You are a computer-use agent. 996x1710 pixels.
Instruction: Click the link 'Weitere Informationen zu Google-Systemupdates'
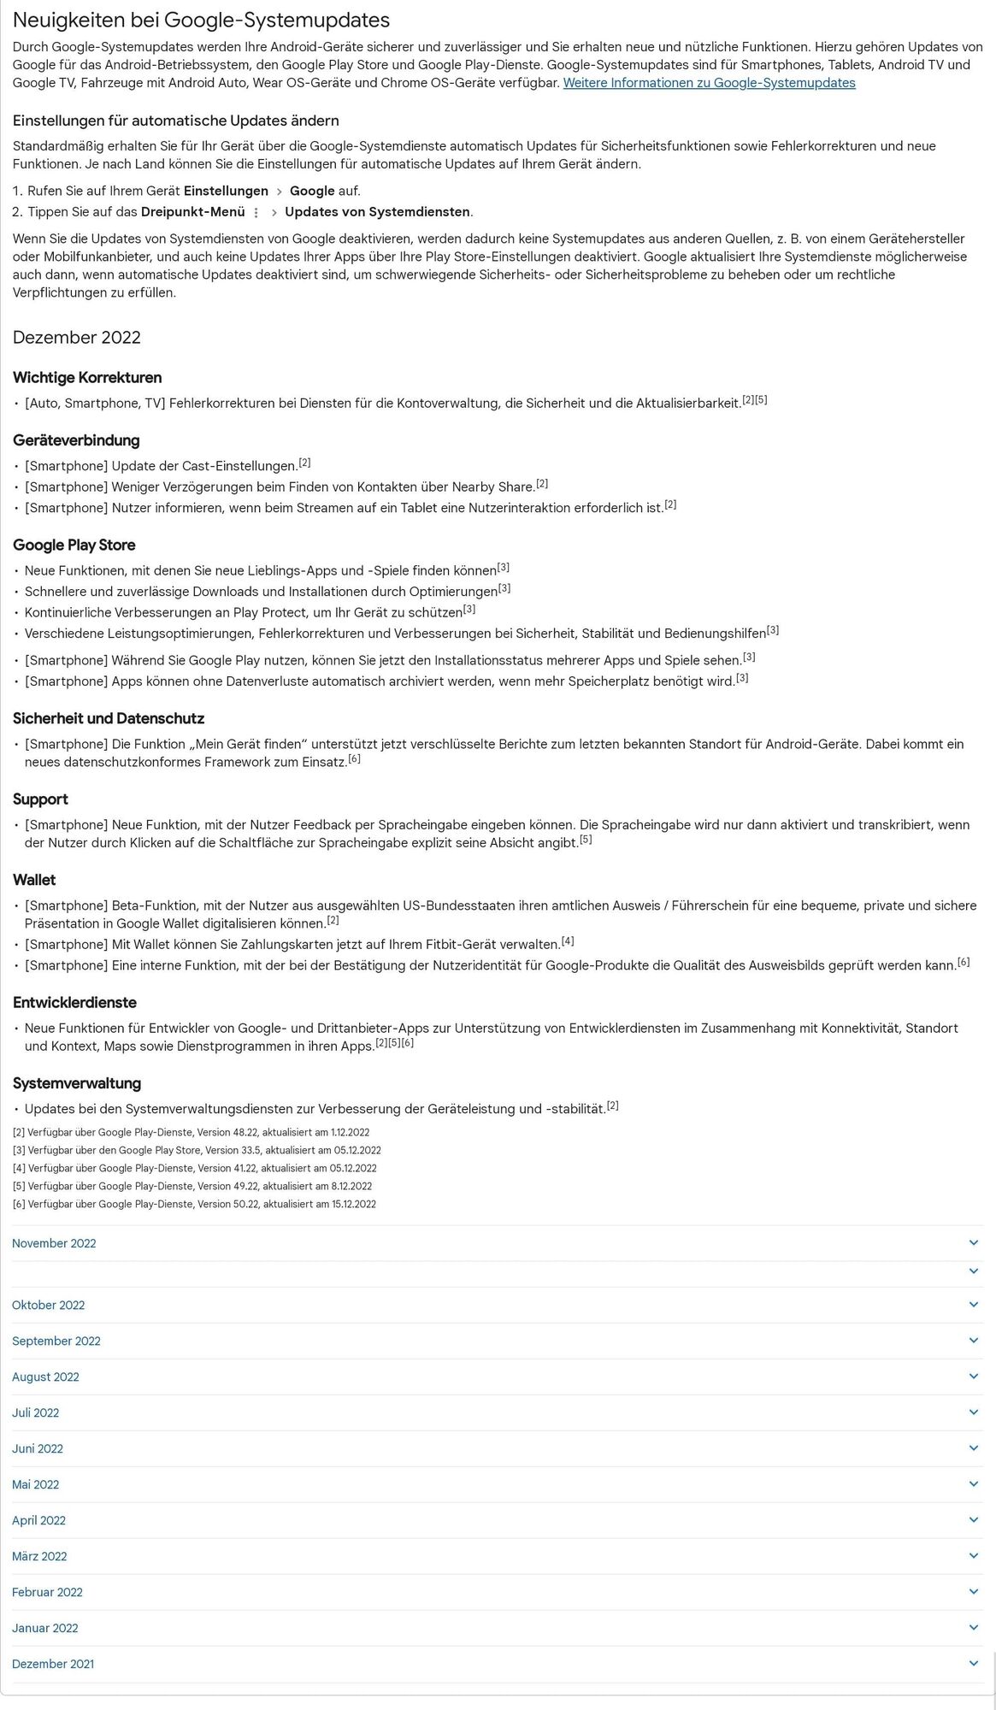pos(709,83)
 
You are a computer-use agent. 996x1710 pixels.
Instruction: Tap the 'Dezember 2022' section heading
pos(77,338)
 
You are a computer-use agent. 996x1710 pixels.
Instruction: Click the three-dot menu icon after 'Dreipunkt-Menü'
pos(256,213)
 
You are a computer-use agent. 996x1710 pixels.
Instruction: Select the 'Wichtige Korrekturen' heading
pos(87,378)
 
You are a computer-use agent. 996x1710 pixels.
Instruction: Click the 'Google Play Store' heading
pos(74,545)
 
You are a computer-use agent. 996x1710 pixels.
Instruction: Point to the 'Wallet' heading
pos(34,880)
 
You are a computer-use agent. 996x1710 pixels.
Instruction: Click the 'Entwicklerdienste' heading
pos(74,1003)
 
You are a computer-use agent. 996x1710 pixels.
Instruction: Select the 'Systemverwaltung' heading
pos(77,1083)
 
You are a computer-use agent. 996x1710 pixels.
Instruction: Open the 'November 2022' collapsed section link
pos(54,1243)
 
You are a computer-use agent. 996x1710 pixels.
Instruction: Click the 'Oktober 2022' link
pos(49,1305)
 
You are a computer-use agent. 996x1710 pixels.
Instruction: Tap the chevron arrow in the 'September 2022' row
pos(973,1341)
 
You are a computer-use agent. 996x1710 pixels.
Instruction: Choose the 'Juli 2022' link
pos(36,1412)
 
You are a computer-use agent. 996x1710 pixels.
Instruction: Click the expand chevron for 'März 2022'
pos(973,1556)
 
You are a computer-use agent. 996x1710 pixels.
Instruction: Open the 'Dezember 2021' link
pos(53,1664)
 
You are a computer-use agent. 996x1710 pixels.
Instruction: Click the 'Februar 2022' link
pos(47,1592)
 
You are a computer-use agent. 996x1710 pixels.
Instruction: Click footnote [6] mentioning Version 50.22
pos(194,1205)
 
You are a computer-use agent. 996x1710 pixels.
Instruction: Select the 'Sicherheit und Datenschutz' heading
pos(109,719)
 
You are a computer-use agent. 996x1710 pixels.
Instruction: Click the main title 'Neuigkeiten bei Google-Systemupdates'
pos(201,20)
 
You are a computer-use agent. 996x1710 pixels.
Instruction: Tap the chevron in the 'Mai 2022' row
pos(973,1484)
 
